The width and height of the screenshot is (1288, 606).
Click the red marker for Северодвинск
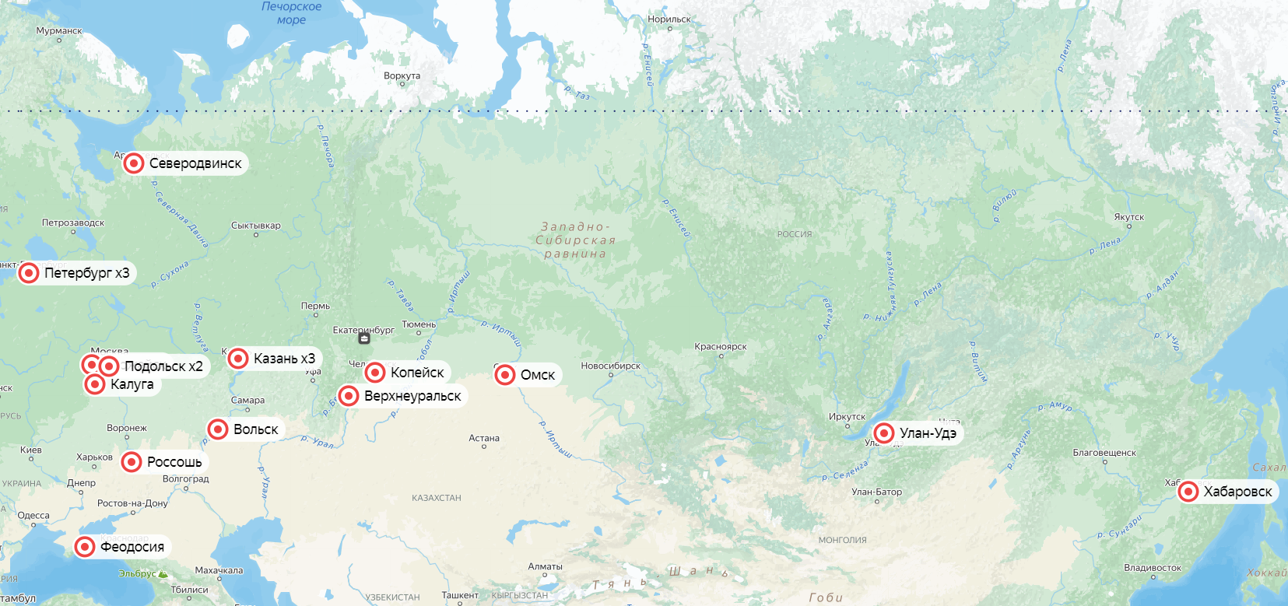click(134, 163)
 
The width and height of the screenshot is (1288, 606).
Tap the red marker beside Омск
click(505, 375)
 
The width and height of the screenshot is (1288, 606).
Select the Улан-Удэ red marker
click(884, 433)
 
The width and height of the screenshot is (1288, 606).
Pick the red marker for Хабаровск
click(1188, 492)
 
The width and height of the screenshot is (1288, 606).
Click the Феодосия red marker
click(85, 547)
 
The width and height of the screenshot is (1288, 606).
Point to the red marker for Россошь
click(132, 462)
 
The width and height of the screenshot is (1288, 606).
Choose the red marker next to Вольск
click(218, 429)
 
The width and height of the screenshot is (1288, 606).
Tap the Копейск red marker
click(375, 373)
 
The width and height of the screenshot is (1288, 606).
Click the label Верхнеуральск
click(412, 396)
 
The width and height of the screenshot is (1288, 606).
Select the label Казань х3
click(284, 359)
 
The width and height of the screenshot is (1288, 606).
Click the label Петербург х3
click(86, 273)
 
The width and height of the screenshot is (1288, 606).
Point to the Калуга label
click(132, 384)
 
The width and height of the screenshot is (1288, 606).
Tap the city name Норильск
click(669, 19)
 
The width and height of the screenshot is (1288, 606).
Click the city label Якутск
click(1128, 217)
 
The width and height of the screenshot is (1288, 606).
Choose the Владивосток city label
click(1153, 568)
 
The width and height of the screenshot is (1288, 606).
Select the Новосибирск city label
click(610, 366)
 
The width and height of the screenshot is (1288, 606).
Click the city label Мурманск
click(59, 31)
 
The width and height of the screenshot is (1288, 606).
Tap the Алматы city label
click(545, 566)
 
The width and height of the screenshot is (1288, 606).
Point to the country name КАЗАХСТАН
click(437, 498)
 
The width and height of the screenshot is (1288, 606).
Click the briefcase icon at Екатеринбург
click(364, 338)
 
